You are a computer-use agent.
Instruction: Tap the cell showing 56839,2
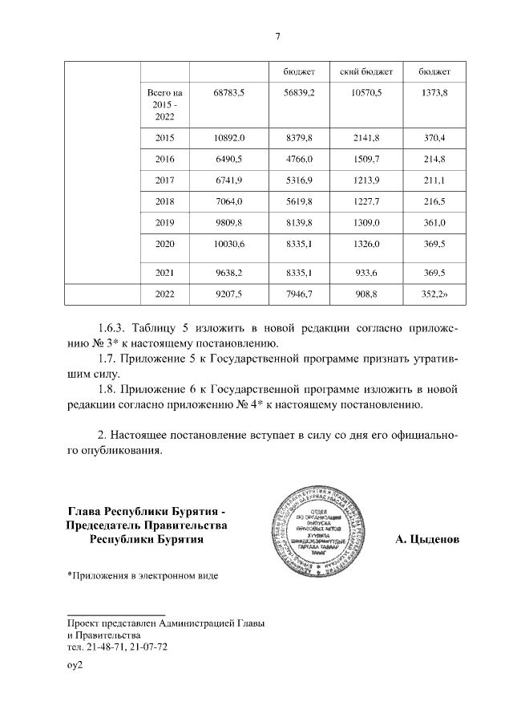(x=299, y=93)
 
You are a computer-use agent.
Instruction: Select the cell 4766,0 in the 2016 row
(x=299, y=160)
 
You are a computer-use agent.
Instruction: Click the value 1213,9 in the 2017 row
(x=366, y=180)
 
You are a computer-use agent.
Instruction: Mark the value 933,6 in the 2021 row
(x=366, y=272)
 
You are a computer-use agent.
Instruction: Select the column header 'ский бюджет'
(x=366, y=72)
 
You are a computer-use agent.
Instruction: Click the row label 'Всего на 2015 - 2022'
(x=164, y=105)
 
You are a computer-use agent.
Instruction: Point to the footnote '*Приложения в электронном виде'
(x=141, y=575)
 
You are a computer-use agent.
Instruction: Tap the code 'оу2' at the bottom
(x=75, y=665)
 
